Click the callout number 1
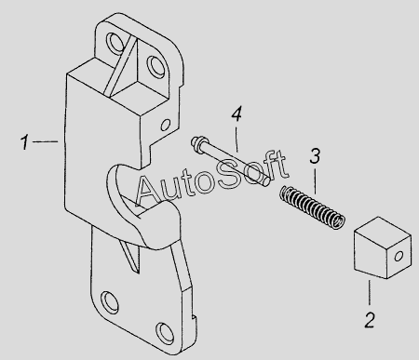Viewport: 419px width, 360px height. [24, 142]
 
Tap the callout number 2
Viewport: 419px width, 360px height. [370, 320]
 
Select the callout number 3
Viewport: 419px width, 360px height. [315, 156]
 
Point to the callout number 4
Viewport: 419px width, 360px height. [237, 113]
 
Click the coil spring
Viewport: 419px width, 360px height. [312, 207]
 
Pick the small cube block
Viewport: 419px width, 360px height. [383, 247]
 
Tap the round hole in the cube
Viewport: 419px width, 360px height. [399, 256]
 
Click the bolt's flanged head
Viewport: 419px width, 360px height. [197, 143]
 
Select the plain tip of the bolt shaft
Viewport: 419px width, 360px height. [265, 182]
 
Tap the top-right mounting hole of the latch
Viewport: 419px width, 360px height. [155, 66]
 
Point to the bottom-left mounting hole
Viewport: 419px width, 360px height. [110, 301]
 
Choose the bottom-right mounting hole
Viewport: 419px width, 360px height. [165, 331]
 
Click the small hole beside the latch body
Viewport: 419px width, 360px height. [166, 125]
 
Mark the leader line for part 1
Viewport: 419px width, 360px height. [46, 141]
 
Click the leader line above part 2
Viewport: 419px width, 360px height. [370, 292]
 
